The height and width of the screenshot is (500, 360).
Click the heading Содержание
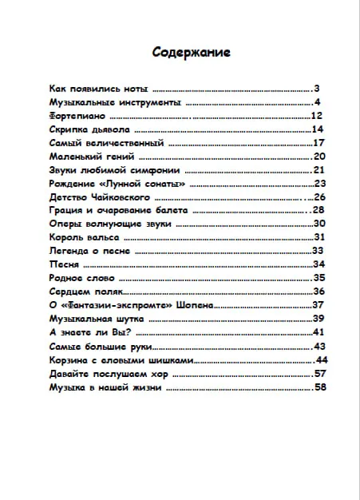(192, 53)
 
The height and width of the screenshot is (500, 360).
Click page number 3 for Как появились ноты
(317, 89)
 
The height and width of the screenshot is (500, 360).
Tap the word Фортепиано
(78, 116)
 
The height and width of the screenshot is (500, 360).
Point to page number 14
(317, 129)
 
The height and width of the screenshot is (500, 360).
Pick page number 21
(319, 170)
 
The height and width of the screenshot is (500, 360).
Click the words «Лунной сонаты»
(156, 184)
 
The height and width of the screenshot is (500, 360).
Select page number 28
(320, 210)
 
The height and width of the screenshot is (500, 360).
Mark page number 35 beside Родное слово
(320, 278)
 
